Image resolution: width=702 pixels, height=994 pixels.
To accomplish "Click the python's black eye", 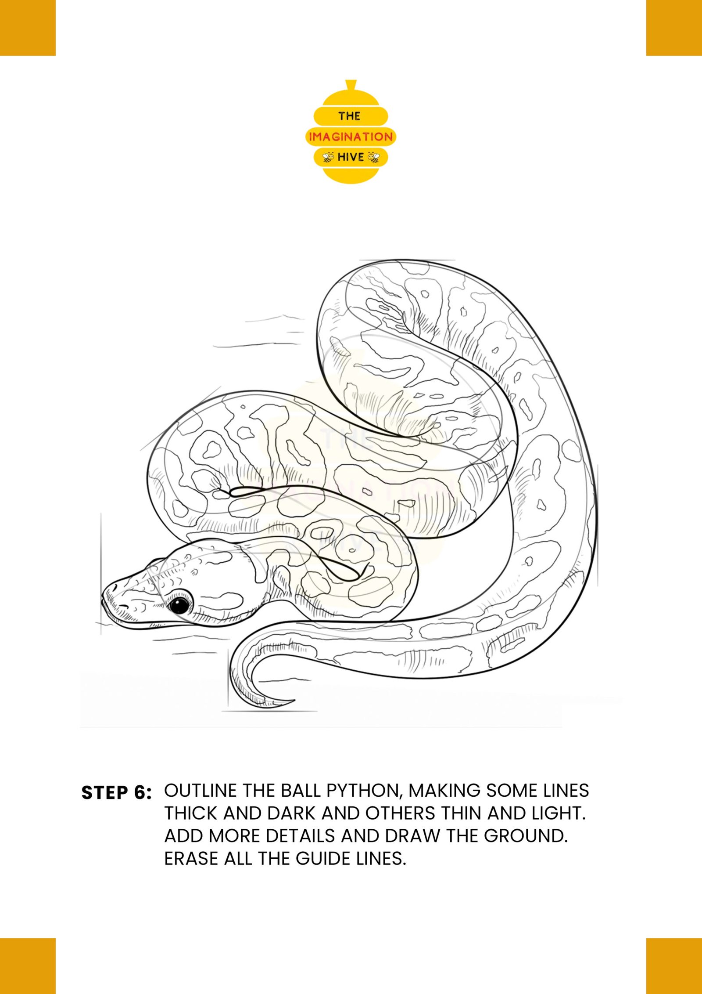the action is point(179,606).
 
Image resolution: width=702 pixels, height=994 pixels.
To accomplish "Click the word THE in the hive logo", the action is point(349,116).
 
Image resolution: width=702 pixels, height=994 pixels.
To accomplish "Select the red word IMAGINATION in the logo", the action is point(351,137).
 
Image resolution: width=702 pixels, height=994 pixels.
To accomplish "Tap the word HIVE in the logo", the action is point(351,157).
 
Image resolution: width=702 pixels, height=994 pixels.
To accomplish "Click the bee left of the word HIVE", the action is point(329,157).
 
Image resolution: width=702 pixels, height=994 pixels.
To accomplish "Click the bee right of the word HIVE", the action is point(373,157).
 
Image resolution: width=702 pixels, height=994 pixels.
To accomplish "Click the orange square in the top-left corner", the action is point(28,28).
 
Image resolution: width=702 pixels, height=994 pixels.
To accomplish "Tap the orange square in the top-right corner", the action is point(674,28).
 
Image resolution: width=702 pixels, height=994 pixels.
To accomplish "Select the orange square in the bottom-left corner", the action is point(28,966).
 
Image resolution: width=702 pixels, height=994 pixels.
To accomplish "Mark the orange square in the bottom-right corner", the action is point(674,966).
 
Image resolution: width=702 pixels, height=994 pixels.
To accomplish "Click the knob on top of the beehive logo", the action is point(351,85).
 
